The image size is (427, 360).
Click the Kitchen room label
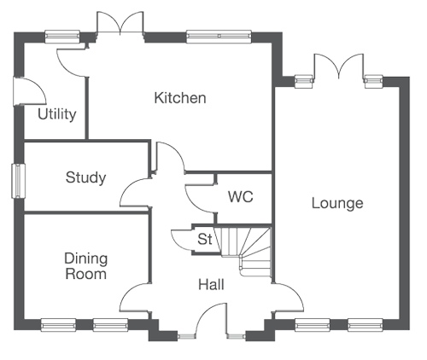(180, 98)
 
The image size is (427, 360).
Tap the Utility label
(57, 114)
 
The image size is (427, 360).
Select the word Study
(85, 177)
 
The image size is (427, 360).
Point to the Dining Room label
(85, 266)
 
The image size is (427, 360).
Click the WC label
(241, 197)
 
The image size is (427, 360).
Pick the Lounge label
(337, 204)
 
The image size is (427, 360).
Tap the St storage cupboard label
(205, 239)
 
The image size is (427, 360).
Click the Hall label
(211, 285)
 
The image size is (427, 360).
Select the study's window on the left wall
(18, 181)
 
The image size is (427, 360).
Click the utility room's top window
(62, 37)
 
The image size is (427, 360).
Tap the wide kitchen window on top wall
(219, 37)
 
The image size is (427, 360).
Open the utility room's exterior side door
(30, 91)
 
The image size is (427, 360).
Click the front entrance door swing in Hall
(211, 318)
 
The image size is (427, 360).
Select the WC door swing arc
(200, 199)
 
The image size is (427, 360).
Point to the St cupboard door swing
(182, 240)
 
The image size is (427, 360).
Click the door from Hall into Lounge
(288, 298)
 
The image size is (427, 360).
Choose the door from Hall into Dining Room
(134, 298)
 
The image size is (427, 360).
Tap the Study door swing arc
(134, 193)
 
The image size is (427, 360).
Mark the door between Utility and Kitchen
(72, 63)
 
